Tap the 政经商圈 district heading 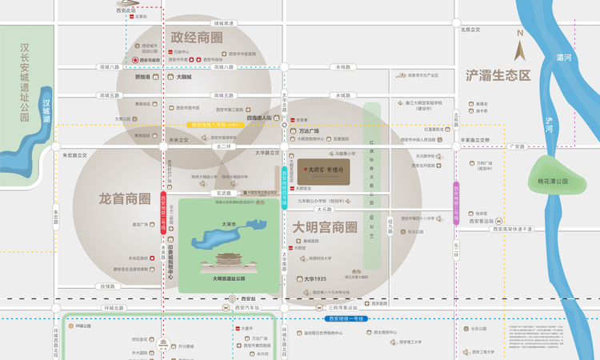[197, 38]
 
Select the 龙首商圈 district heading [124, 198]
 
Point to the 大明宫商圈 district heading [324, 227]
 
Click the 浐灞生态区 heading [498, 75]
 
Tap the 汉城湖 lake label [47, 111]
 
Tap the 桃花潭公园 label [553, 182]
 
